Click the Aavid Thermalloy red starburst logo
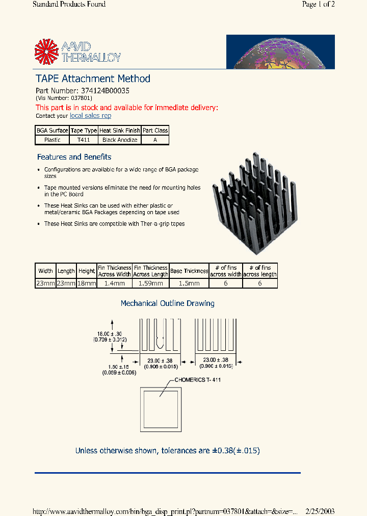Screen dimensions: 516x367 [x=47, y=52]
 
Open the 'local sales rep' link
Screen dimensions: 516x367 [x=90, y=116]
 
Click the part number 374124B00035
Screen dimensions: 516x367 [x=106, y=90]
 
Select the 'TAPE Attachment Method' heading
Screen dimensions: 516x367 [x=93, y=79]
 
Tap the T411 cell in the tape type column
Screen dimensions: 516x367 [x=84, y=140]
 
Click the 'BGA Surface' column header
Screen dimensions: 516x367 [x=52, y=131]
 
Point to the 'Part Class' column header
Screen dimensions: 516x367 [x=155, y=131]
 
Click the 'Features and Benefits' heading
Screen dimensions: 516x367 [x=74, y=157]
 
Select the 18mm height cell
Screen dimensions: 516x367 [x=87, y=283]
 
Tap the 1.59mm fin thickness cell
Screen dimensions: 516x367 [x=150, y=283]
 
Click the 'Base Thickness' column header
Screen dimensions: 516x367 [x=189, y=271]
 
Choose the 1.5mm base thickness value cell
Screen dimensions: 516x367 [x=189, y=283]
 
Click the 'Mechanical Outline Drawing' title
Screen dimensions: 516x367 [x=167, y=303]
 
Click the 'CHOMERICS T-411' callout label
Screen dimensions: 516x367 [x=198, y=380]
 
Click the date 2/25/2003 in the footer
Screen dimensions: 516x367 [x=320, y=511]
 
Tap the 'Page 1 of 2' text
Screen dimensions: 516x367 [x=318, y=5]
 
